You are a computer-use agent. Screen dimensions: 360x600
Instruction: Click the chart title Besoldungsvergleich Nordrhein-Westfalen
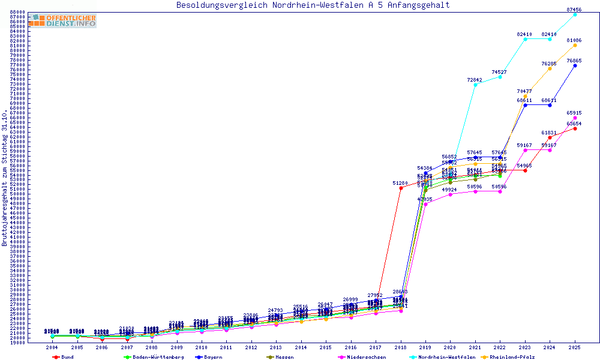point(313,5)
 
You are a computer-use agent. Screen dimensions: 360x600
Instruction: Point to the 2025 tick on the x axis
point(575,347)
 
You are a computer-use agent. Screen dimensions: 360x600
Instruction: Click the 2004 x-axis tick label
point(52,347)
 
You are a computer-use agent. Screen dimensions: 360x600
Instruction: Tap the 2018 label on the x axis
point(401,347)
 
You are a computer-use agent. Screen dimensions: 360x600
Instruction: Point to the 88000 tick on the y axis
point(17,12)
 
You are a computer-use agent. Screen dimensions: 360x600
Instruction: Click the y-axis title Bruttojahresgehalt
point(5,178)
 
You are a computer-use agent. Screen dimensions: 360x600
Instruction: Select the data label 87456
point(574,10)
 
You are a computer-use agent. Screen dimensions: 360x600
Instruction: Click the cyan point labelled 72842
point(475,85)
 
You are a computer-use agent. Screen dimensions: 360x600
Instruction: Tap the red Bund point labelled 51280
point(401,188)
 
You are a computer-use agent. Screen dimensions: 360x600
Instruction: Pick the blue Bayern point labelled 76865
point(575,65)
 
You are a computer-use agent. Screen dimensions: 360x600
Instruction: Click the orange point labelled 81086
point(575,45)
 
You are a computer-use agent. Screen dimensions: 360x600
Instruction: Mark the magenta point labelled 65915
point(575,118)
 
